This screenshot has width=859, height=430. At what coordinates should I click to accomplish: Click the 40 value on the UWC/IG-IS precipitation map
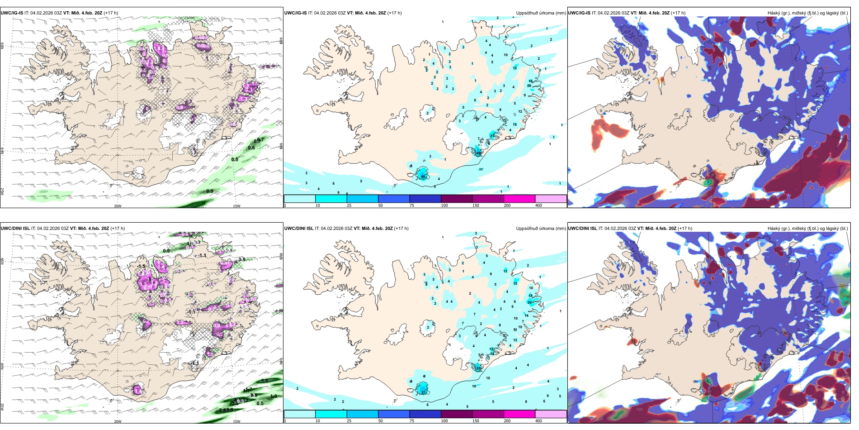[x=423, y=176]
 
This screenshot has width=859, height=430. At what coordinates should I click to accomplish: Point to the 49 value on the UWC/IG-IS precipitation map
[x=479, y=153]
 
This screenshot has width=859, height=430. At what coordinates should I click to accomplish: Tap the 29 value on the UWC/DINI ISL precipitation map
[x=529, y=302]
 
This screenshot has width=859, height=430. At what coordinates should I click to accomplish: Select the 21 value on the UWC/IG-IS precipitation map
[x=492, y=136]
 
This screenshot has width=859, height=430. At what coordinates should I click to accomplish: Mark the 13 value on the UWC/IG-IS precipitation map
[x=514, y=68]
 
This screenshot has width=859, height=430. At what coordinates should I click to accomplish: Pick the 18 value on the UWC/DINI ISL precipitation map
[x=530, y=296]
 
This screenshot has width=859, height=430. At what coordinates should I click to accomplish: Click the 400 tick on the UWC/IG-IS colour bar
[x=538, y=205]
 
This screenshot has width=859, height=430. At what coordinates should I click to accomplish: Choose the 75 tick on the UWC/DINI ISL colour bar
[x=412, y=421]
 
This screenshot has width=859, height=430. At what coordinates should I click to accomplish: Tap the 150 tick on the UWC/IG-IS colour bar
[x=476, y=205]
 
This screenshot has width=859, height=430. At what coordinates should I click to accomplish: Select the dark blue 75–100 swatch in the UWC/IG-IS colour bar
[x=425, y=199]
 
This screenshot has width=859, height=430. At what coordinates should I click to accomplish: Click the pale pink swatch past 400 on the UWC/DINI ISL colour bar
[x=551, y=414]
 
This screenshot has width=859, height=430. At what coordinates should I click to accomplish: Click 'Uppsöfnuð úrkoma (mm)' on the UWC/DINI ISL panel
[x=541, y=229]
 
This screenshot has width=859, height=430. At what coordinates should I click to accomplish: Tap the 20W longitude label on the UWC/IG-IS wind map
[x=118, y=206]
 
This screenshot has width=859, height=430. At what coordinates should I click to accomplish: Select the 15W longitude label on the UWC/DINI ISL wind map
[x=236, y=421]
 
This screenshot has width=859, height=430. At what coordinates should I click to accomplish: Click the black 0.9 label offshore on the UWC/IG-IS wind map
[x=210, y=191]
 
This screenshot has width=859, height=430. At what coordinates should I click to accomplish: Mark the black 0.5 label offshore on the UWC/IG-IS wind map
[x=235, y=159]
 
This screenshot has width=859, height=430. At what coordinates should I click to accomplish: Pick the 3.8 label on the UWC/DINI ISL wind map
[x=264, y=381]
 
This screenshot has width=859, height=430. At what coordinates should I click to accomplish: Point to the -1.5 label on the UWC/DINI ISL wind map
[x=142, y=267]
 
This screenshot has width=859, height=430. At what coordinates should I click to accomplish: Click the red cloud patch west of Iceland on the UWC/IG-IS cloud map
[x=606, y=131]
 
